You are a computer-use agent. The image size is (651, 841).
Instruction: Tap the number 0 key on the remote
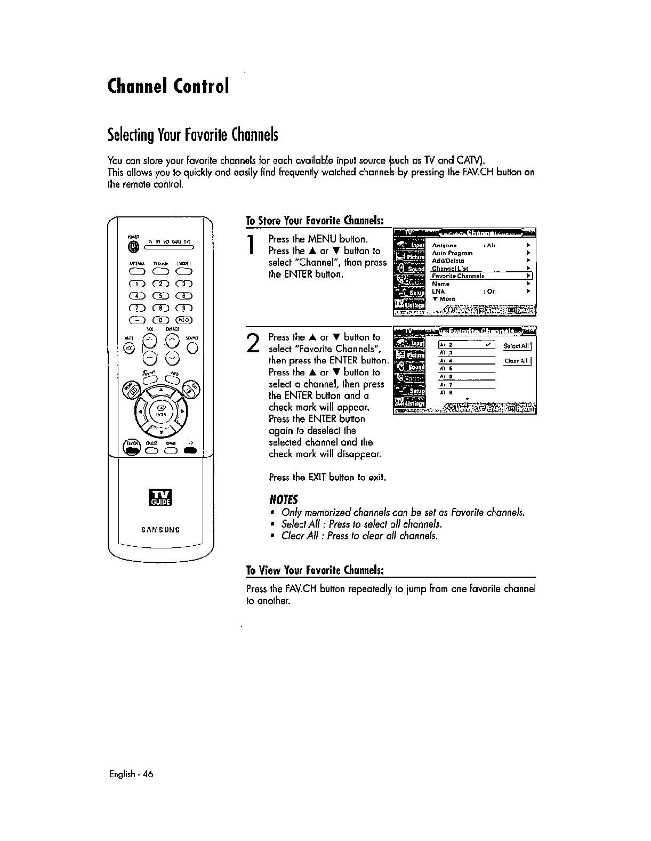[x=158, y=320]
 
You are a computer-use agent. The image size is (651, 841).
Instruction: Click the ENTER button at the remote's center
[x=159, y=412]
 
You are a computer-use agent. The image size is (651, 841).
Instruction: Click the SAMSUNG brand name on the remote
[x=160, y=530]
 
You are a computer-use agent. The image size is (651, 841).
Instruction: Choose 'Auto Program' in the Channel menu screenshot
[x=452, y=253]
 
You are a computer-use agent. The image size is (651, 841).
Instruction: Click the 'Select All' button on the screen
[x=517, y=346]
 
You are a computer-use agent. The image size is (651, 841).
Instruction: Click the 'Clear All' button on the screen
[x=517, y=361]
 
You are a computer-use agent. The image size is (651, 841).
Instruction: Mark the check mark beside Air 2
[x=487, y=345]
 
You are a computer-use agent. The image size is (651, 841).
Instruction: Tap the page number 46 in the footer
[x=148, y=774]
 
